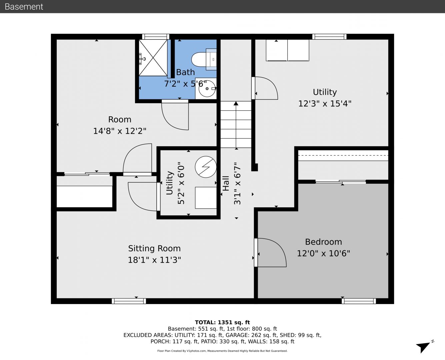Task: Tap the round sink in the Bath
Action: (x=207, y=89)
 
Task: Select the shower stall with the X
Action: (x=153, y=58)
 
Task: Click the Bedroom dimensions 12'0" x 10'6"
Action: (x=323, y=253)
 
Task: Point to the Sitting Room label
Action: (x=154, y=248)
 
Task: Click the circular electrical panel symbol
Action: (x=206, y=167)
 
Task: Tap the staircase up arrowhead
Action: (x=236, y=103)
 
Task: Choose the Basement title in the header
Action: (x=24, y=7)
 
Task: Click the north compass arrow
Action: (x=423, y=346)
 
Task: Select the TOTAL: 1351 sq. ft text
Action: (x=222, y=323)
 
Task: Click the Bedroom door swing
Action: (x=270, y=252)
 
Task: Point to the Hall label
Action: (x=226, y=183)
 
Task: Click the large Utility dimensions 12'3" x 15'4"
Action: (x=325, y=104)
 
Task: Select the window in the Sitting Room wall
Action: (x=129, y=301)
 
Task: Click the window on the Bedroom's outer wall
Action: (x=359, y=301)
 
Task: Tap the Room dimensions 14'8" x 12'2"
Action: (x=120, y=131)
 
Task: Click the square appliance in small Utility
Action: (x=206, y=198)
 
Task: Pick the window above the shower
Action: (x=156, y=37)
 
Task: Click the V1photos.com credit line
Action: (x=222, y=351)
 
